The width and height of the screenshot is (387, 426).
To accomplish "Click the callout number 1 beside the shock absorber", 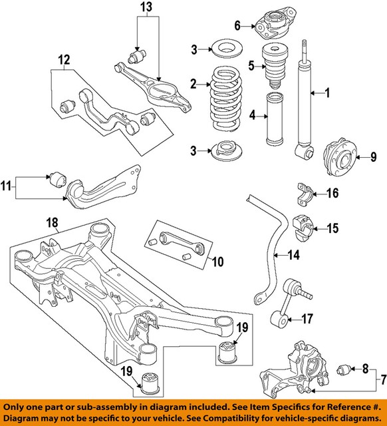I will [x=326, y=93].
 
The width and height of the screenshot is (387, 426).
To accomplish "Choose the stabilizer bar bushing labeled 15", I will [x=307, y=227].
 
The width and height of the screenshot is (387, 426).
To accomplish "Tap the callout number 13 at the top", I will [x=148, y=7].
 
